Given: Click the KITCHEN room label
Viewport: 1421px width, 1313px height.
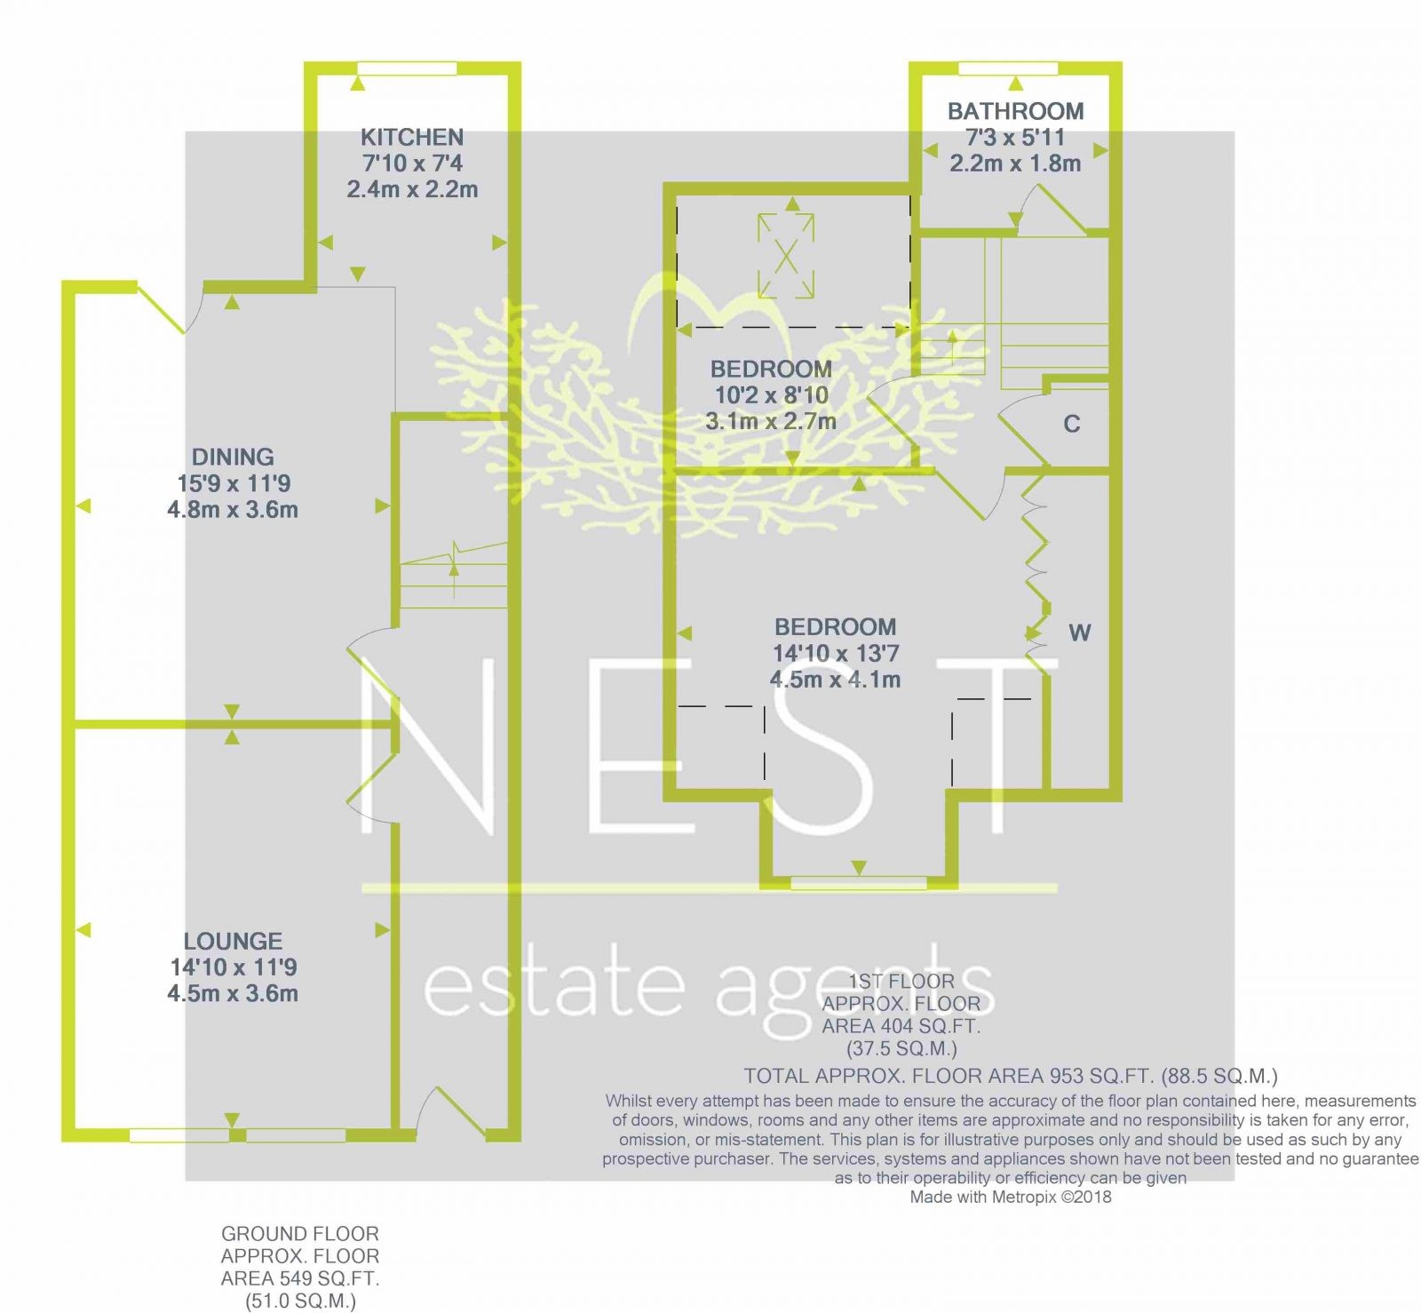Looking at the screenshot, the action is pyautogui.click(x=412, y=137).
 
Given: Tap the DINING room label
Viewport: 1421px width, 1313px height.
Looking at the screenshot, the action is pyautogui.click(x=233, y=457).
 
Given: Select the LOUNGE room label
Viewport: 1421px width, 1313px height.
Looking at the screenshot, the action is pyautogui.click(x=233, y=941).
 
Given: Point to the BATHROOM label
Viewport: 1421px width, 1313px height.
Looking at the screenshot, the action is pyautogui.click(x=1015, y=111).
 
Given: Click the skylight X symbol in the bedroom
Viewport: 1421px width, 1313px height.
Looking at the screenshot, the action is pyautogui.click(x=786, y=256).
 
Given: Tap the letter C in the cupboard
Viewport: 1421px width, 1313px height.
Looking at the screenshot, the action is pyautogui.click(x=1072, y=424).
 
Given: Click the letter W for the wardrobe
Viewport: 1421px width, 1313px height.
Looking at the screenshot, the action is pyautogui.click(x=1080, y=633).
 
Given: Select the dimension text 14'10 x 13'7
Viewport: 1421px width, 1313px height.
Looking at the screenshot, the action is pyautogui.click(x=836, y=653).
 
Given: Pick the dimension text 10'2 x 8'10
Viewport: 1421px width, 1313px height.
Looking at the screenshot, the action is pyautogui.click(x=771, y=395).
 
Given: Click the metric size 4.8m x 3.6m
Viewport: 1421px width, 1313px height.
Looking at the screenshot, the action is pyautogui.click(x=233, y=510).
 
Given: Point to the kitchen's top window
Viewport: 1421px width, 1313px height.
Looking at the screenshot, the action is pyautogui.click(x=408, y=68).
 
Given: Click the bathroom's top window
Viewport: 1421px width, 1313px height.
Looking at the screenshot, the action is pyautogui.click(x=1009, y=68).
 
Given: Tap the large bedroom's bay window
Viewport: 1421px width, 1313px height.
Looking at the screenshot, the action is pyautogui.click(x=858, y=882).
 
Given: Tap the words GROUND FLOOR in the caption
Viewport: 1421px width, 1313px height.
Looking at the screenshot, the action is pyautogui.click(x=300, y=1234).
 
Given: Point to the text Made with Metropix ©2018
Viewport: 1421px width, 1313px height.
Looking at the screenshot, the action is pyautogui.click(x=1011, y=1197).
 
